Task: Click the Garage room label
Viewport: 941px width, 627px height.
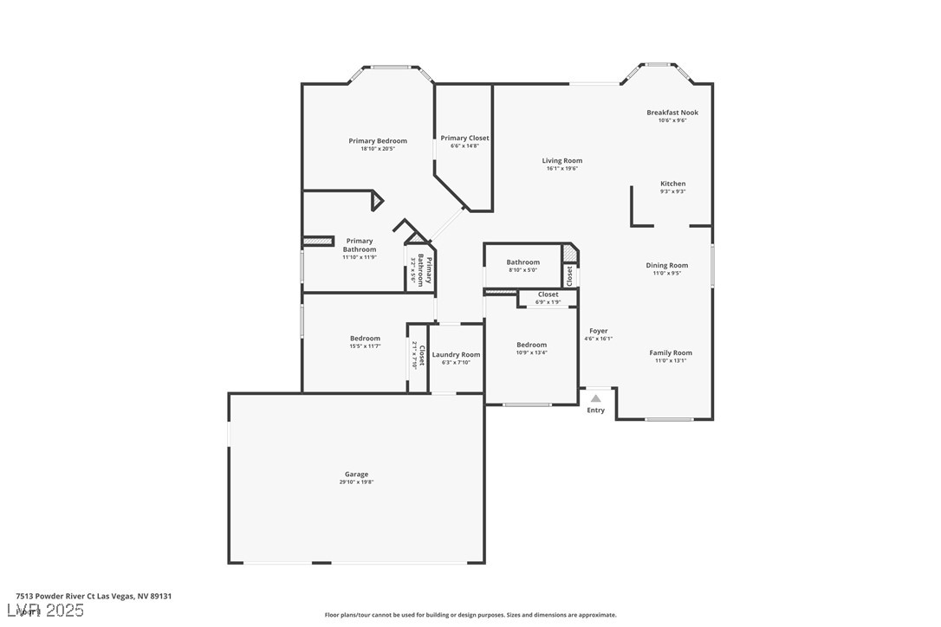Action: (x=356, y=474)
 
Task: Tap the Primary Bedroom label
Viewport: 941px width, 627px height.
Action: (x=378, y=141)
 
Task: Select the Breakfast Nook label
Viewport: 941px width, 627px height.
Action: (x=672, y=113)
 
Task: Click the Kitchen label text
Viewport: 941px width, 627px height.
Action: (x=672, y=184)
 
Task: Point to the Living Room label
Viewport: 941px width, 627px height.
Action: (x=561, y=160)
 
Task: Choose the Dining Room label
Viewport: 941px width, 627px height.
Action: (x=666, y=265)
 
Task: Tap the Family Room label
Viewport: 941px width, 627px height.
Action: (x=671, y=352)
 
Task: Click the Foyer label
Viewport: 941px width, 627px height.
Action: (x=598, y=331)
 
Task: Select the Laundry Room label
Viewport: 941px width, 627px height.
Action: (x=456, y=354)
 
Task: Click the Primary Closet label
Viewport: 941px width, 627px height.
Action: (x=464, y=138)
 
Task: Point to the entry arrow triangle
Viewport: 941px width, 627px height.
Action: (x=595, y=398)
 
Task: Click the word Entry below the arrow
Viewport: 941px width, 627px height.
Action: (x=595, y=410)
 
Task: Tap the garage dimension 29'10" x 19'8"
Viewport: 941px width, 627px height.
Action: (x=356, y=482)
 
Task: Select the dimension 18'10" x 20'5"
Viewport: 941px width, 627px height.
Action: (x=378, y=149)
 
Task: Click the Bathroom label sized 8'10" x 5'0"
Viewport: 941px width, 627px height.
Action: (x=522, y=262)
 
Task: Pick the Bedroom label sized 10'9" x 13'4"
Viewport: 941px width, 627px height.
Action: (x=531, y=345)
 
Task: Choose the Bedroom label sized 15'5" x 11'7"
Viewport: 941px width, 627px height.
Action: (x=365, y=339)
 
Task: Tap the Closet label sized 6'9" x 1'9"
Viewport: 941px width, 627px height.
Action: (x=548, y=294)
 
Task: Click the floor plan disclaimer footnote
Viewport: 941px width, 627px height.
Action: (x=470, y=615)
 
